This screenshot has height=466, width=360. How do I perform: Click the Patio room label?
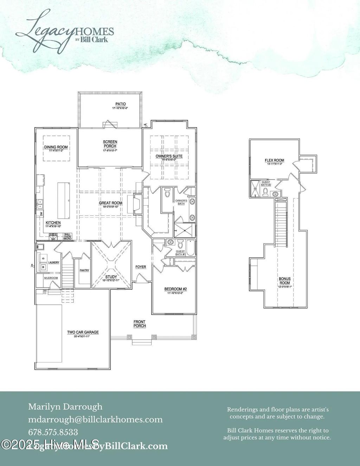coord(121,104)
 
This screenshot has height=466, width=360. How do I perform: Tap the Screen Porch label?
coord(110,144)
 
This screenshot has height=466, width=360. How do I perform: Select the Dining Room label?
coord(56,147)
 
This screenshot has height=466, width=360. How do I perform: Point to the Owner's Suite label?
coord(169,156)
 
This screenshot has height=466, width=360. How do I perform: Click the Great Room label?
coord(111,203)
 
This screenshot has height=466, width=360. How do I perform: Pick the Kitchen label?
coord(53,223)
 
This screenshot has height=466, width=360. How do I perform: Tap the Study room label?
coord(111,277)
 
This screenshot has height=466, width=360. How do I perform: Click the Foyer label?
coord(141,267)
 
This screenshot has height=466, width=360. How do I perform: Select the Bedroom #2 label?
coord(175,289)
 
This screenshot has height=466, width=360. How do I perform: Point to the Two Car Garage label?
coord(83,332)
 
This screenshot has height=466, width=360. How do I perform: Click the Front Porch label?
coord(140,324)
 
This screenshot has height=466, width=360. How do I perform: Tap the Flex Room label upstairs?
coord(275,160)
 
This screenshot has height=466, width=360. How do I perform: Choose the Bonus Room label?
coord(285,281)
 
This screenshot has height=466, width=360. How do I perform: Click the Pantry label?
coord(84,270)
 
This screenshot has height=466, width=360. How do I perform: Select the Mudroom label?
coord(51,278)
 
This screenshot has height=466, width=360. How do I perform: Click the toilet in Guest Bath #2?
coord(266,192)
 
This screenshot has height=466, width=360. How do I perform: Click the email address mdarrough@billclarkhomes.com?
coord(95,419)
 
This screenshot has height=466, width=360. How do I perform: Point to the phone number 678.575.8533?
coord(53,432)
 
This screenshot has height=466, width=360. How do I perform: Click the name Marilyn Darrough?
coord(65,407)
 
